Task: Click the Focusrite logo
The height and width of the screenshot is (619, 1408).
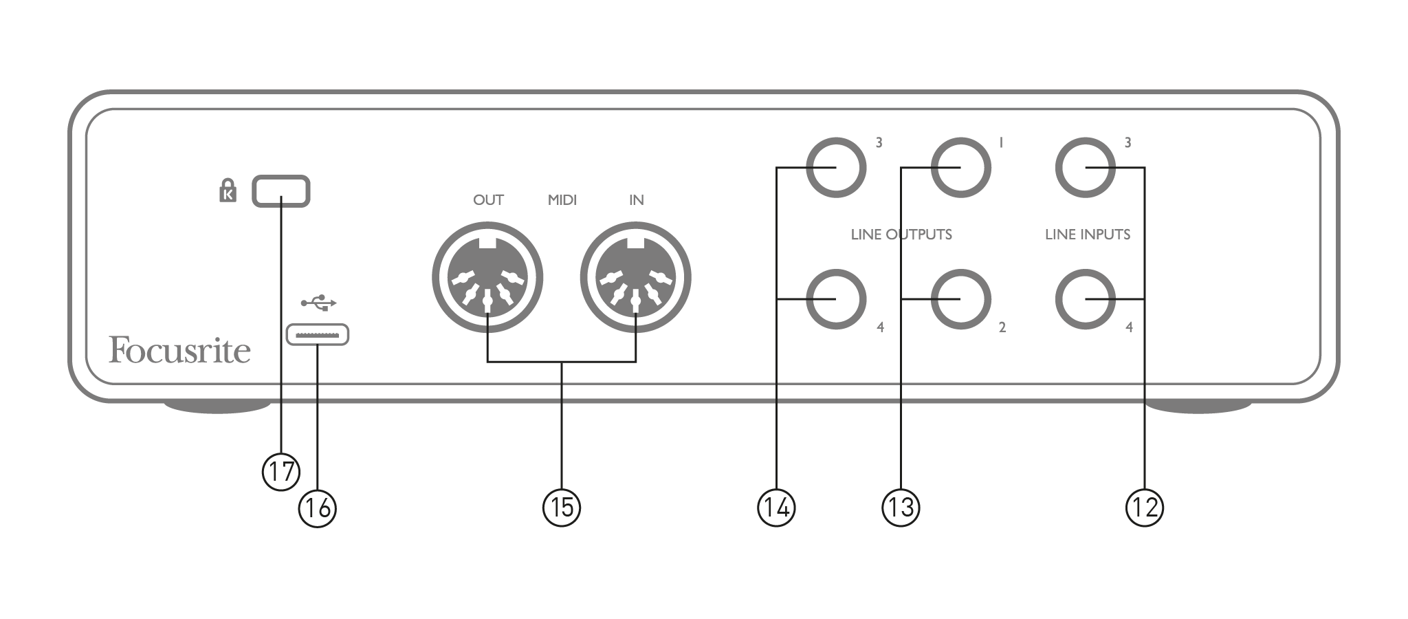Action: (x=179, y=350)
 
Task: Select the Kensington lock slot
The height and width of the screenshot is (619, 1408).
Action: (x=281, y=191)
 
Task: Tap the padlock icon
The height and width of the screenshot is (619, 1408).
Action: (x=228, y=191)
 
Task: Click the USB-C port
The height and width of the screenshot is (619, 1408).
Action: (x=318, y=335)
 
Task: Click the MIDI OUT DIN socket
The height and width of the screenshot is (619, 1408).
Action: (x=487, y=278)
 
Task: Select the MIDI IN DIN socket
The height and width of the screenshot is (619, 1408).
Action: (x=636, y=278)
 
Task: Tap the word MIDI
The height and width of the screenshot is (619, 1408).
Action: (x=562, y=200)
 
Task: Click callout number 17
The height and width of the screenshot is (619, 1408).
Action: (x=281, y=472)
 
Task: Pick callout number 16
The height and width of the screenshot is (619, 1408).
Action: (x=318, y=508)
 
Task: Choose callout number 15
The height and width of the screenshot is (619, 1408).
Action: (x=562, y=508)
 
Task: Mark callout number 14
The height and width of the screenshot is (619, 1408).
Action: (x=776, y=508)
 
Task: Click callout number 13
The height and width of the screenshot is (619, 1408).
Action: (x=901, y=508)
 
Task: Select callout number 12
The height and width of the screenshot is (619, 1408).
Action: (x=1145, y=508)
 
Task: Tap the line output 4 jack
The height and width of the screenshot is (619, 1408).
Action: (x=836, y=299)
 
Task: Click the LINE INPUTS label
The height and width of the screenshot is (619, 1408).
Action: (x=1088, y=235)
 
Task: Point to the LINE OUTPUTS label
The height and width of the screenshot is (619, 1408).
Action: (x=901, y=235)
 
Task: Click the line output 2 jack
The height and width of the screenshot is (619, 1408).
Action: (x=960, y=299)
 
